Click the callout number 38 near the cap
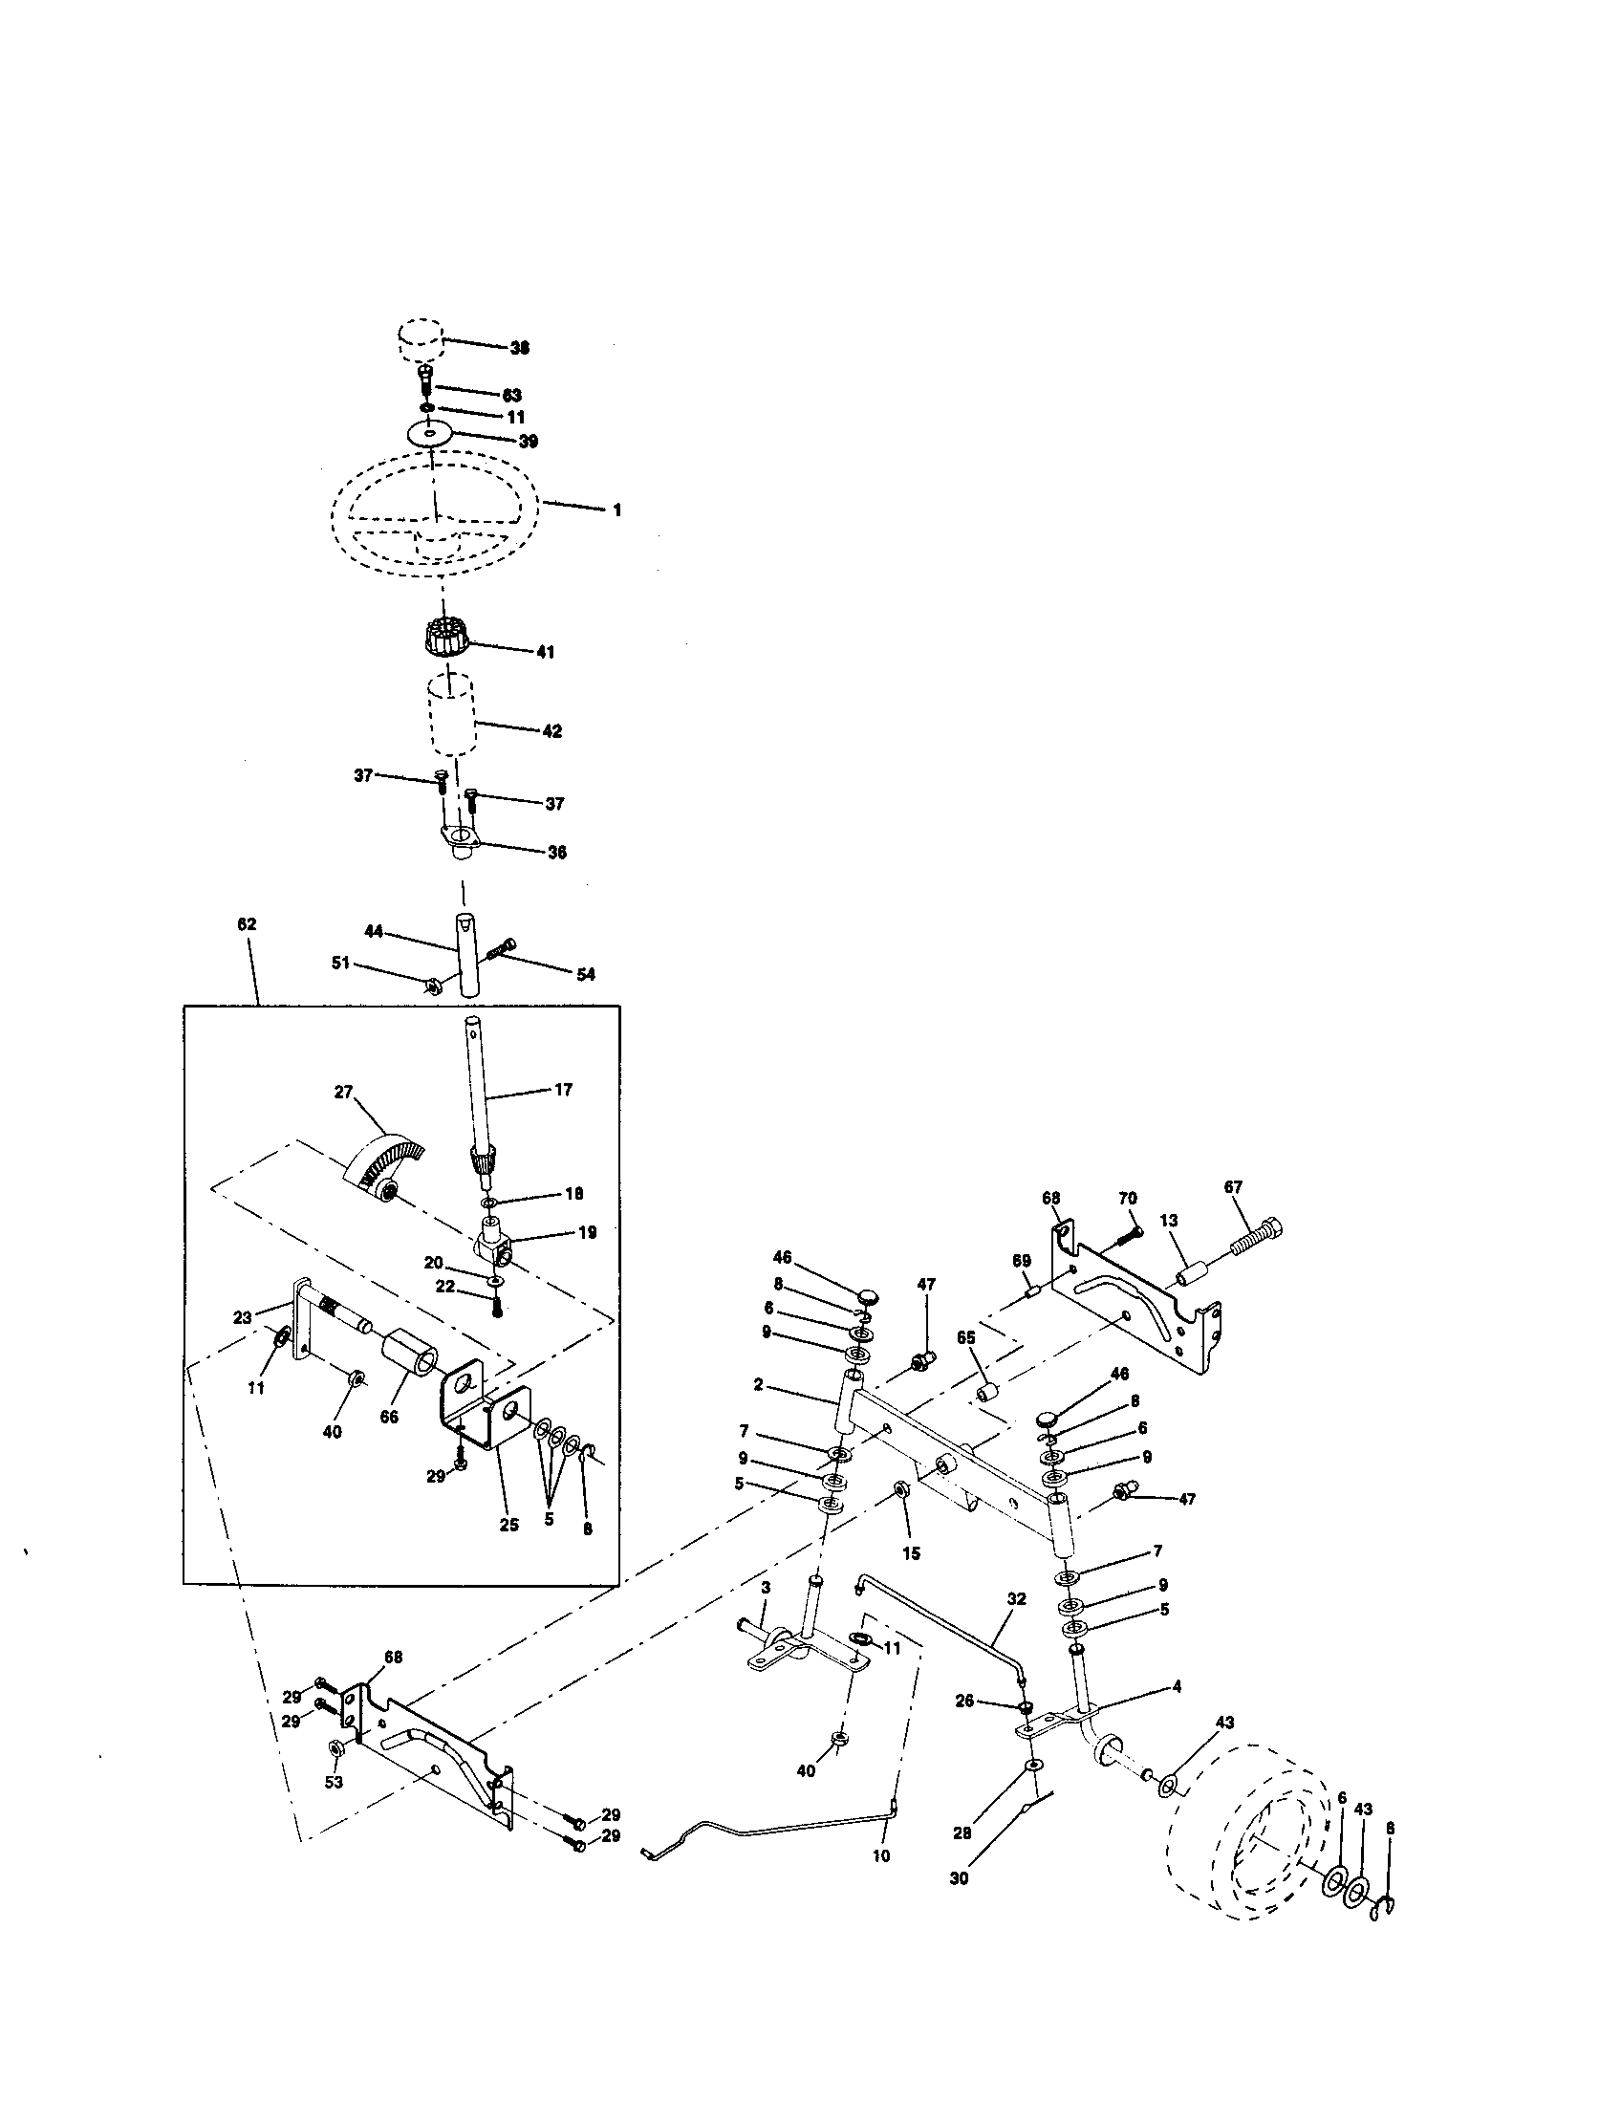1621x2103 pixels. pyautogui.click(x=520, y=349)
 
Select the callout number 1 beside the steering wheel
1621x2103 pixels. pyautogui.click(x=617, y=510)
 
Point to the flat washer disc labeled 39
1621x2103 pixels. pyautogui.click(x=429, y=433)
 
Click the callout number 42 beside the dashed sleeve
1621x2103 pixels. pyautogui.click(x=551, y=731)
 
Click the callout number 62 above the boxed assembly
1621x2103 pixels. pyautogui.click(x=247, y=923)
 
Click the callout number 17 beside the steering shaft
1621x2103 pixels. pyautogui.click(x=563, y=1090)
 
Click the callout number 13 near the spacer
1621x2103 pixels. pyautogui.click(x=1169, y=1220)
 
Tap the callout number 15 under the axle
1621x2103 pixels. pyautogui.click(x=911, y=1553)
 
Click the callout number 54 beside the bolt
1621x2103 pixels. pyautogui.click(x=585, y=974)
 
